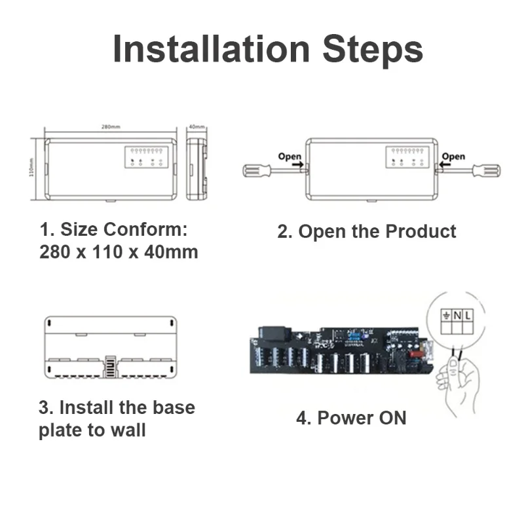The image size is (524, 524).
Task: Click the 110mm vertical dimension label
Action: click(x=31, y=168)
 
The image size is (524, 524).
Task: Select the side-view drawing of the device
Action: click(x=196, y=168)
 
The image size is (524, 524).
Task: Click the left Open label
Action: click(x=290, y=157)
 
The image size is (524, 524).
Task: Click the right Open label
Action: click(x=453, y=157)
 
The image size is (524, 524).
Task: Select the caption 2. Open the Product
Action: click(x=367, y=231)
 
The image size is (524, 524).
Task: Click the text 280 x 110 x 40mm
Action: click(x=119, y=252)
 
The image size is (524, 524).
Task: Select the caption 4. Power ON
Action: click(x=351, y=418)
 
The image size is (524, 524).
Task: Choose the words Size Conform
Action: click(x=124, y=230)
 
